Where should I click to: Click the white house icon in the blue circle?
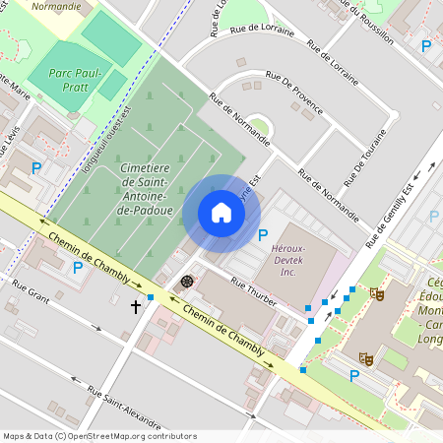tap(221, 213)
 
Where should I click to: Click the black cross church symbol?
tap(136, 307)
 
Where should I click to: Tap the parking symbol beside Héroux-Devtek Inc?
tap(262, 235)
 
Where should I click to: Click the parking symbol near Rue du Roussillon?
tap(426, 46)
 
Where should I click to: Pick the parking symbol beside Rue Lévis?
tap(36, 168)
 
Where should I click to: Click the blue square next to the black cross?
tap(151, 296)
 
